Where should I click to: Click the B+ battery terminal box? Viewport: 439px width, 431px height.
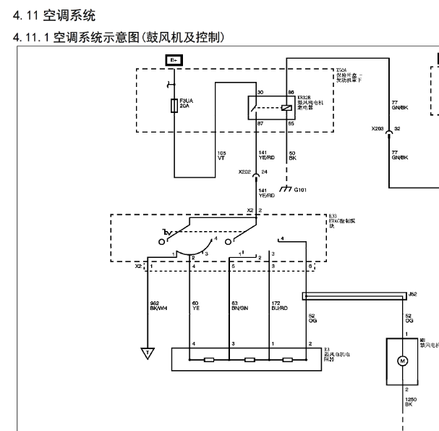tap(174, 60)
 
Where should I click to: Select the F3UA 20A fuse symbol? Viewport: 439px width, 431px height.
tap(174, 106)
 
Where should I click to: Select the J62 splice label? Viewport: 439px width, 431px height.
tap(412, 294)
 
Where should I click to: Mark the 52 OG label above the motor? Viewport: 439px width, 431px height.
tap(409, 316)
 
